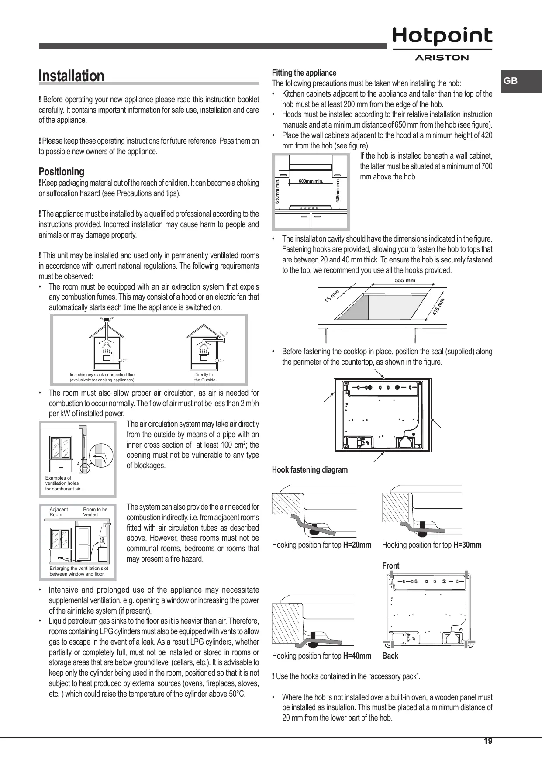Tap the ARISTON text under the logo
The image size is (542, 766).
point(442,58)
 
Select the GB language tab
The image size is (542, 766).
point(511,81)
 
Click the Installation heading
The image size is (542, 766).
point(72,76)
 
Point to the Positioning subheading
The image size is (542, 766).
point(62,172)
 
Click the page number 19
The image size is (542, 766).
point(488,741)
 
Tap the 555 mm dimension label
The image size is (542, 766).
point(405,280)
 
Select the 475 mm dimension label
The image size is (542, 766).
point(439,307)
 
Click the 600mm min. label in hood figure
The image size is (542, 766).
point(311,181)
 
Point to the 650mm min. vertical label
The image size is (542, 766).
point(277,190)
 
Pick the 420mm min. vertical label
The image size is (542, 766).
point(338,190)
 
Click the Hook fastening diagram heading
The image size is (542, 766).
point(310,470)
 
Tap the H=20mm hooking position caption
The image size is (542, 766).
point(321,545)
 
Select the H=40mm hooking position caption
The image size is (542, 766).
point(321,656)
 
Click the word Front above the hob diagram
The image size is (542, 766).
point(390,566)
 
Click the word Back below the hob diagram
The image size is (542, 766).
point(390,656)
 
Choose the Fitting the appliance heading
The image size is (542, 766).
point(304,73)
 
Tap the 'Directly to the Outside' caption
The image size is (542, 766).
point(204,377)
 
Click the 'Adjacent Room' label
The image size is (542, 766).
point(59,512)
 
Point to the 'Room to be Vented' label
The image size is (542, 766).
point(95,512)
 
